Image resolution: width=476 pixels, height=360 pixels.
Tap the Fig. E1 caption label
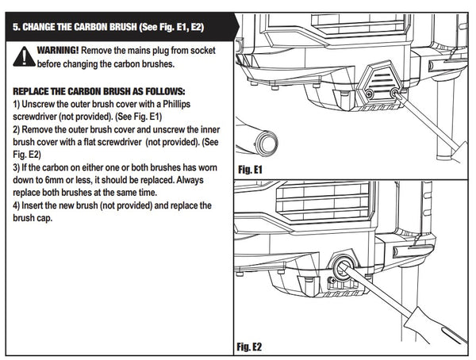click(x=251, y=169)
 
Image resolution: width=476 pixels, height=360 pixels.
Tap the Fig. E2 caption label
click(x=251, y=347)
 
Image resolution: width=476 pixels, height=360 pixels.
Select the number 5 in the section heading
click(x=17, y=27)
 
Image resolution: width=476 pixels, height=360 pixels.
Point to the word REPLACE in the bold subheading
click(x=34, y=92)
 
